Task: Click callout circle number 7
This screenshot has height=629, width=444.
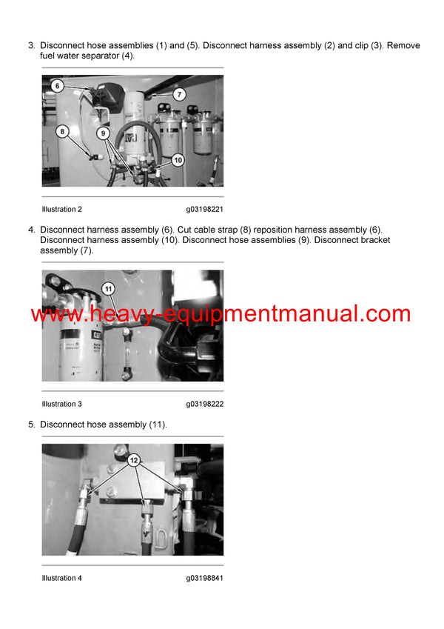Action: coord(178,94)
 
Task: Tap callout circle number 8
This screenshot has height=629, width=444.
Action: coord(62,131)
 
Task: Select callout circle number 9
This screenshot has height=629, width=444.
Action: coord(104,133)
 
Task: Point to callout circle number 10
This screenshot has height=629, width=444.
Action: coord(178,159)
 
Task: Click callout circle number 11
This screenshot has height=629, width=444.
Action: coord(108,288)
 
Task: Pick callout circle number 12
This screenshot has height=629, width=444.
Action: coord(134,459)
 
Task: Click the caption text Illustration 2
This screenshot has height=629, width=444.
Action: coord(62,210)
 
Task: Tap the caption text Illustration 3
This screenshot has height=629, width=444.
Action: coord(62,404)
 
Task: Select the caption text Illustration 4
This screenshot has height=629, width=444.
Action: coord(62,578)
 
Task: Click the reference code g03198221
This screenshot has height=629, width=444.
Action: coord(205,210)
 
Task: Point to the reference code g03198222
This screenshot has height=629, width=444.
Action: coord(205,404)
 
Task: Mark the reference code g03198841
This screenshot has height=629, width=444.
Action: coord(205,578)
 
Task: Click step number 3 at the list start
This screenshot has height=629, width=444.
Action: coord(31,46)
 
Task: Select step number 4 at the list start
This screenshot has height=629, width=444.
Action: coord(31,230)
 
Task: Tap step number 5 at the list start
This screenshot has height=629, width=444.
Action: coord(31,425)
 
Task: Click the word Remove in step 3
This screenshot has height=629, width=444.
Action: coord(404,46)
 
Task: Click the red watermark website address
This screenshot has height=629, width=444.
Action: coord(221,313)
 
